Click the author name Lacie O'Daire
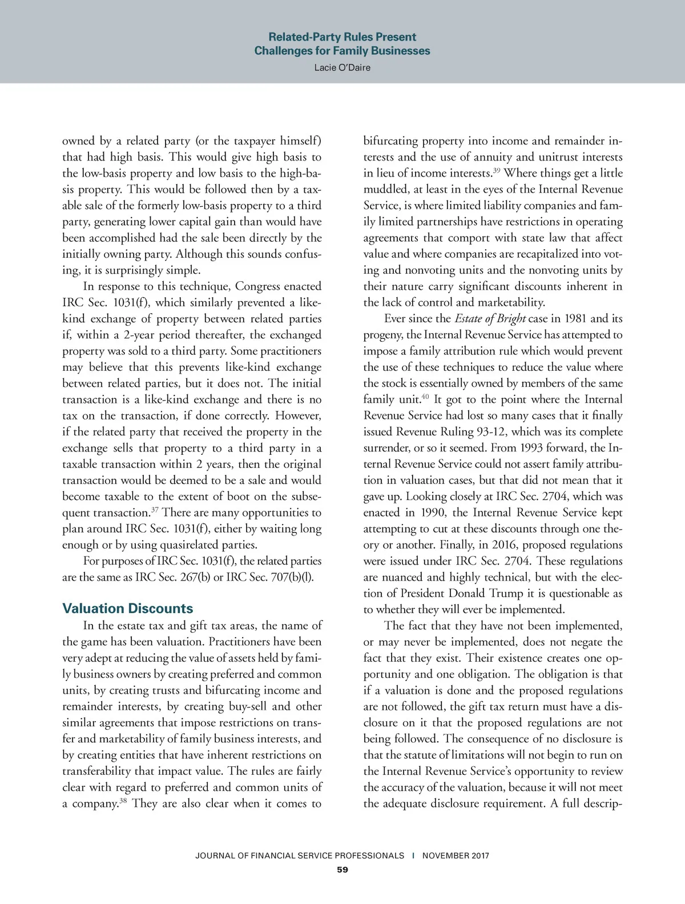(342, 67)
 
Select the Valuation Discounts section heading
(128, 609)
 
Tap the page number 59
(342, 870)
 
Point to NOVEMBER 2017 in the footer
(456, 855)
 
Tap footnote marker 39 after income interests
(497, 170)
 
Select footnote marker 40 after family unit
(425, 396)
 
